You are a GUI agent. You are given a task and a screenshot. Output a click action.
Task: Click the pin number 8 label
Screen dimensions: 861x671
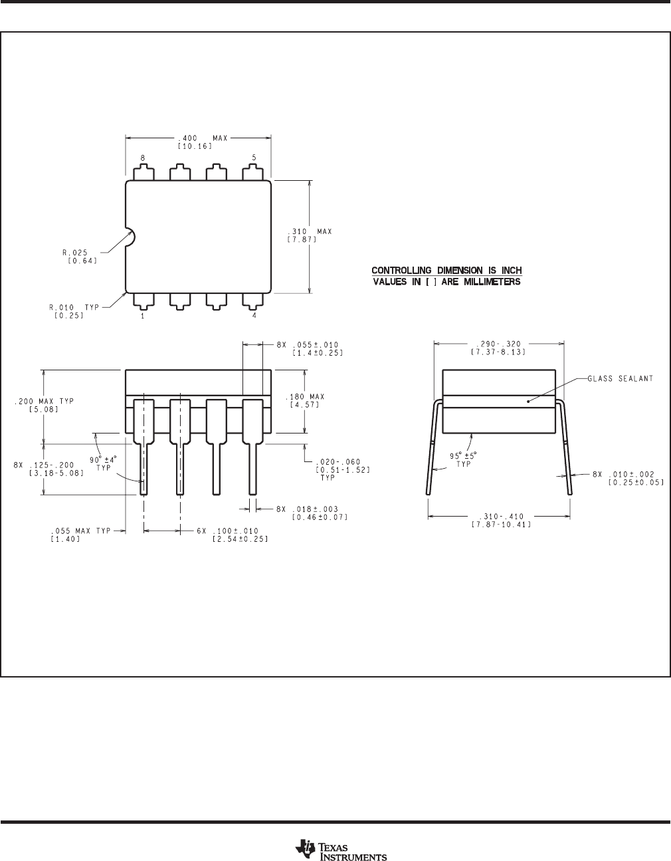[x=143, y=158]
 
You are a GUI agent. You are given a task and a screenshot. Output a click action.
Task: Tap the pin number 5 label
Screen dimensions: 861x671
[x=254, y=158]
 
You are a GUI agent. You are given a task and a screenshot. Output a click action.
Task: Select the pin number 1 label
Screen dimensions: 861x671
[x=143, y=316]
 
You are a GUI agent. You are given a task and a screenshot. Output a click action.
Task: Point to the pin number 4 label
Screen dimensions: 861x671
[x=254, y=316]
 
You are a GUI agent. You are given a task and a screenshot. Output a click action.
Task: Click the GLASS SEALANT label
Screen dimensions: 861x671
[x=620, y=379]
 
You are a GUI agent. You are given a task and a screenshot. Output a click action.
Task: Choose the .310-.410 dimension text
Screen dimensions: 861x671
[x=499, y=517]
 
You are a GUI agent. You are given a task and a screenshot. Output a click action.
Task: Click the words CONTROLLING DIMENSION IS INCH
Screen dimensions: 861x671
[x=446, y=271]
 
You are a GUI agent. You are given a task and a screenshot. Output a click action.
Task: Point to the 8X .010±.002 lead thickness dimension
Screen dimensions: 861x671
[x=628, y=475]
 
